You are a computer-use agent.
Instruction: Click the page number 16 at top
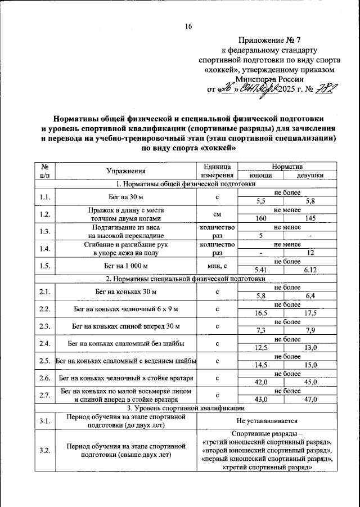188,26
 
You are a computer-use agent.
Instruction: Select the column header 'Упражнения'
126,171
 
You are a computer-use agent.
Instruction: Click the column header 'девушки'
310,176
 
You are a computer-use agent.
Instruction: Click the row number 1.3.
45,231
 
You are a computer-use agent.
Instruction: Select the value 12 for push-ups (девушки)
310,253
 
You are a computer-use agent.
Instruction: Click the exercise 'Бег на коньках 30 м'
126,291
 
